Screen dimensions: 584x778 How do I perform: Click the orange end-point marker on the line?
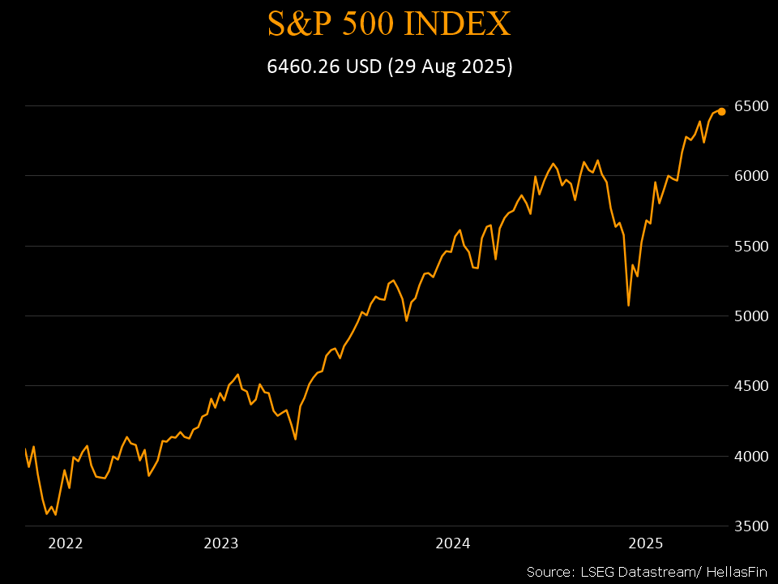click(721, 112)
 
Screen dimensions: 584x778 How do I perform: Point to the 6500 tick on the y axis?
click(750, 106)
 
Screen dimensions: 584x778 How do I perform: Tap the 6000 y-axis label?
click(750, 176)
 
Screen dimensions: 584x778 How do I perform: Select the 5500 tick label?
click(750, 246)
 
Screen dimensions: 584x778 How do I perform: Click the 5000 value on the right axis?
click(750, 316)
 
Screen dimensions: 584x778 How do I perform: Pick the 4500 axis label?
click(750, 386)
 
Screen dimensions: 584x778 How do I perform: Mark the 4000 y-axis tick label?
click(750, 456)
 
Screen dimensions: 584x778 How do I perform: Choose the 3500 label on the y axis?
click(750, 526)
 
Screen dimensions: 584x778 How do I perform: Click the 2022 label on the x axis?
click(66, 543)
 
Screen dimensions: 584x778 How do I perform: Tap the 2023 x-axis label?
click(221, 543)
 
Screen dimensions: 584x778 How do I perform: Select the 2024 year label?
click(454, 543)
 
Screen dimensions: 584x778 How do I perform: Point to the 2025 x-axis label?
click(648, 543)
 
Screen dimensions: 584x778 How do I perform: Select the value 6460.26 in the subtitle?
click(304, 67)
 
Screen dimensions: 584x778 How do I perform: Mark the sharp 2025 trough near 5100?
click(629, 305)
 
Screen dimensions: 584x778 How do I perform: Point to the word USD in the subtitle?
click(363, 67)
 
